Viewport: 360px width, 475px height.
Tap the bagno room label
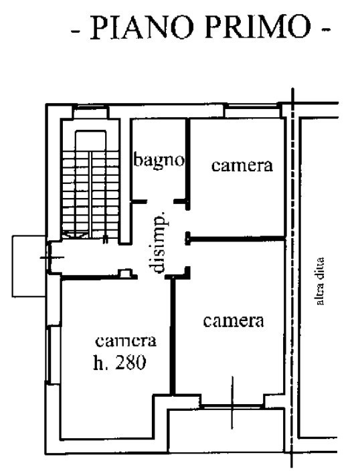pyautogui.click(x=159, y=161)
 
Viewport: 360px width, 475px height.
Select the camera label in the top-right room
pyautogui.click(x=242, y=165)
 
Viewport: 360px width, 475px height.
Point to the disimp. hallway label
pyautogui.click(x=158, y=242)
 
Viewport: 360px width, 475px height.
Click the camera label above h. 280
pyautogui.click(x=126, y=341)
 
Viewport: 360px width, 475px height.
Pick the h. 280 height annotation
pyautogui.click(x=119, y=363)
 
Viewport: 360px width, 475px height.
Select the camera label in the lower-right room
pyautogui.click(x=234, y=321)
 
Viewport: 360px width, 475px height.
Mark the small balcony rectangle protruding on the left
pyautogui.click(x=29, y=266)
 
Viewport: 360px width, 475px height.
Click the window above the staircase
pyautogui.click(x=91, y=112)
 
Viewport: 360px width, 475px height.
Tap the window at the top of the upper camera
pyautogui.click(x=252, y=111)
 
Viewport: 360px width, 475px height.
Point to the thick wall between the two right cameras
pyautogui.click(x=236, y=240)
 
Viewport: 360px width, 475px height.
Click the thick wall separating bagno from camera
pyautogui.click(x=188, y=164)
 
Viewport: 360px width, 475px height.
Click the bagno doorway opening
pyautogui.click(x=161, y=201)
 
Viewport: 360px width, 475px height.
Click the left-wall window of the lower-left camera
pyautogui.click(x=49, y=353)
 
